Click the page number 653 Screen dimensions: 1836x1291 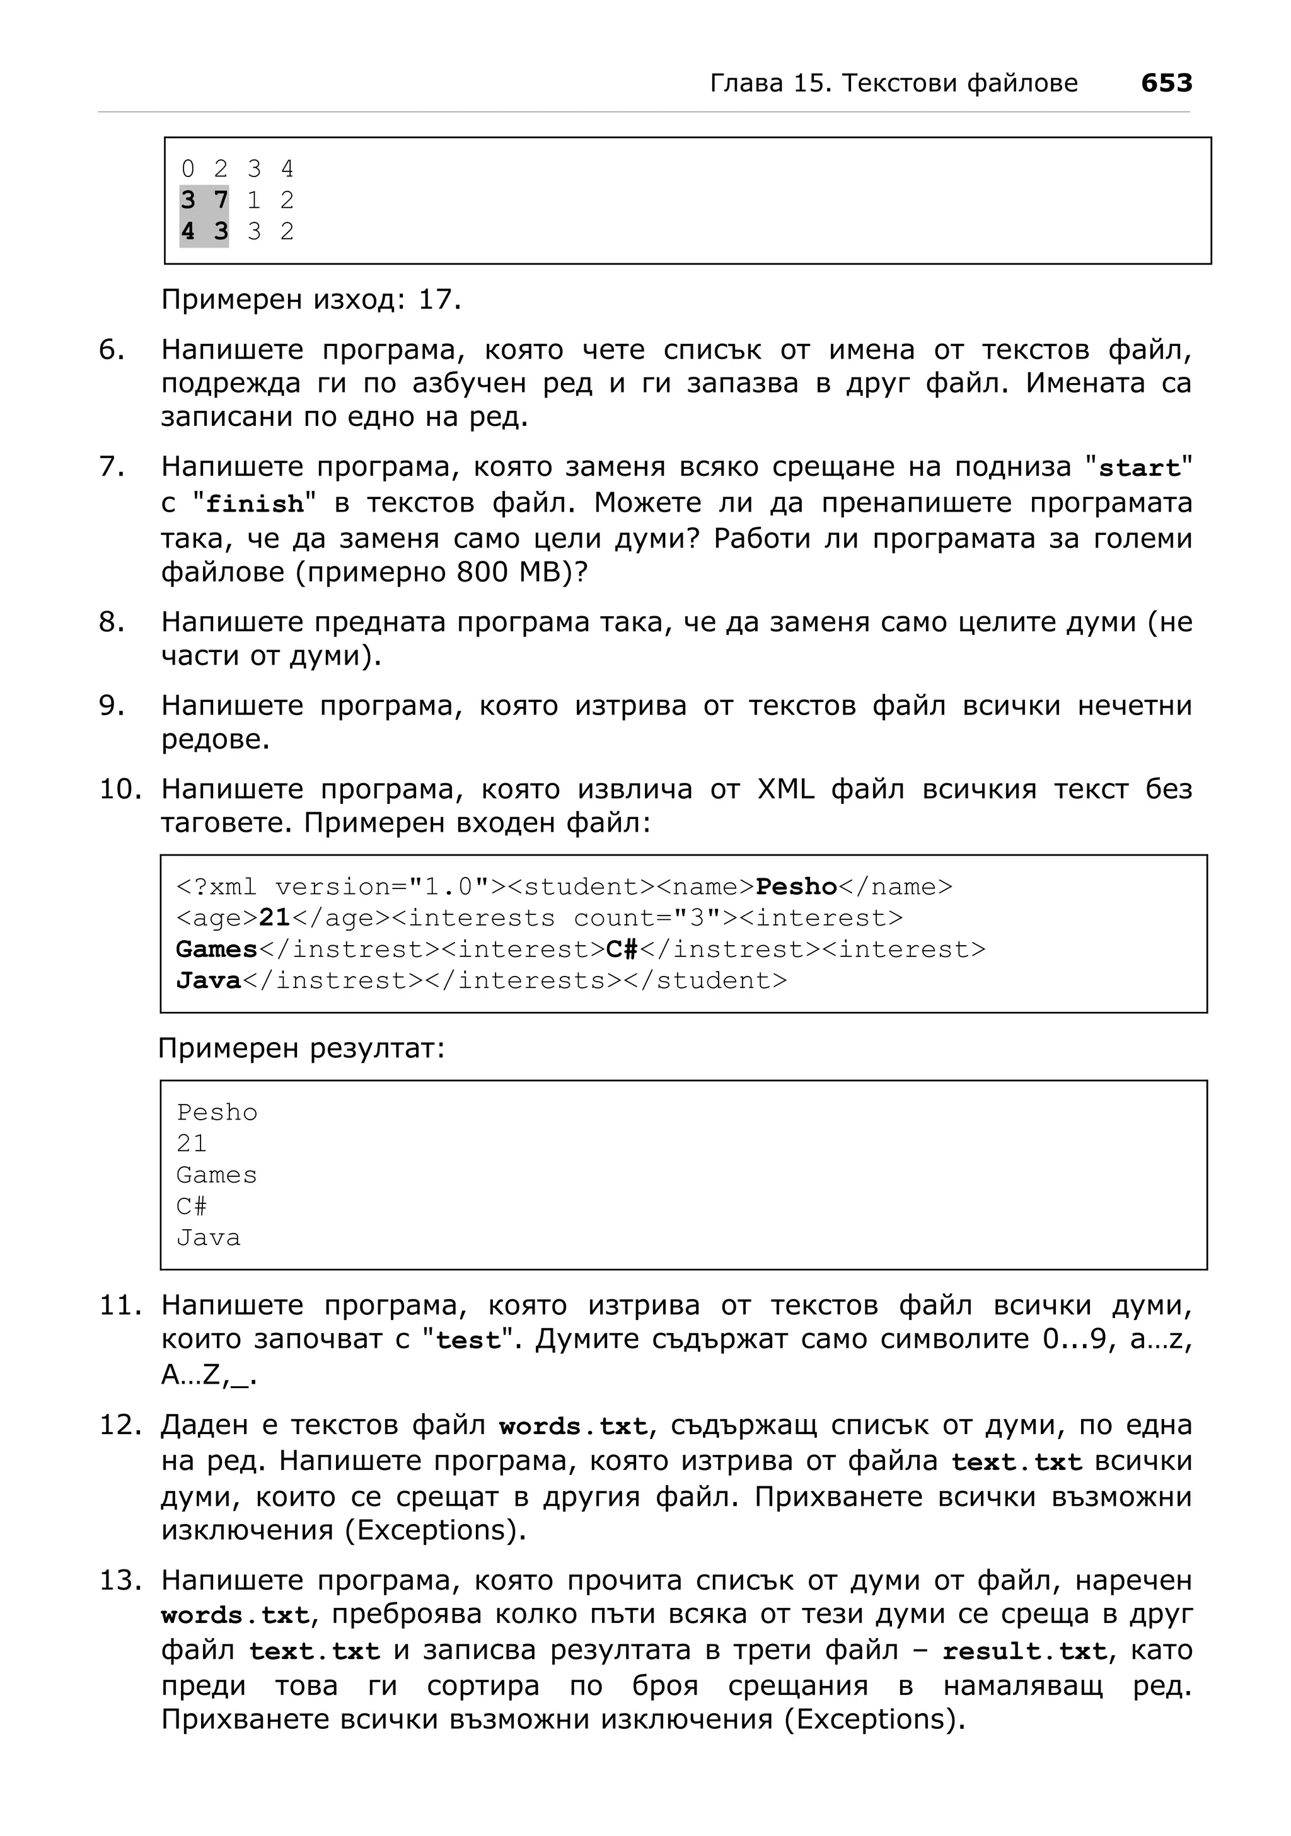click(1166, 83)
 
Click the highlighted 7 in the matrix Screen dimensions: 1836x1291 click(221, 200)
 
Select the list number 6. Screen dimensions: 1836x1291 click(112, 350)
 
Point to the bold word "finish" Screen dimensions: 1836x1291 click(255, 505)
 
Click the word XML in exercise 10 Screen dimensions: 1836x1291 click(785, 789)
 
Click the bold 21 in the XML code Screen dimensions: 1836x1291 click(274, 918)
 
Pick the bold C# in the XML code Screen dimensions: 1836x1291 click(622, 949)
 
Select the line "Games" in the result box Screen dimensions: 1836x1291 click(216, 1174)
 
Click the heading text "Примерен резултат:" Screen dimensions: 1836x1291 click(301, 1048)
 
